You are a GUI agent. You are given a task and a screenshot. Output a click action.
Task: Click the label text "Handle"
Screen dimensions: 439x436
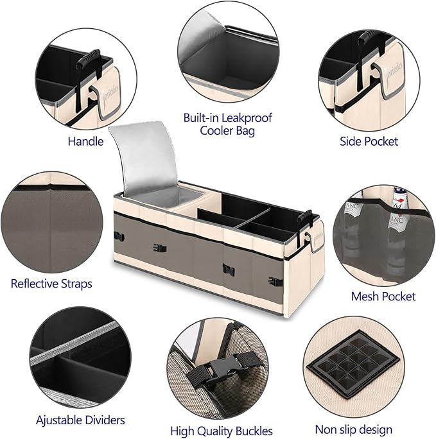click(x=85, y=141)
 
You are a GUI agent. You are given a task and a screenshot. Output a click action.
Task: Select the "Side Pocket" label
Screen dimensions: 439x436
click(x=369, y=141)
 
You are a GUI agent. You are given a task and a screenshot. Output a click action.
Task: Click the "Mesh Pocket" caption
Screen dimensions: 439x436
click(x=383, y=296)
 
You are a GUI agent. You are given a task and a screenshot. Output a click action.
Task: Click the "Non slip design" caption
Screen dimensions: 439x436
click(x=353, y=429)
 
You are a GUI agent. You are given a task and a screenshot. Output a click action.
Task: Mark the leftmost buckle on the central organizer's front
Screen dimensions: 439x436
click(x=118, y=236)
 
